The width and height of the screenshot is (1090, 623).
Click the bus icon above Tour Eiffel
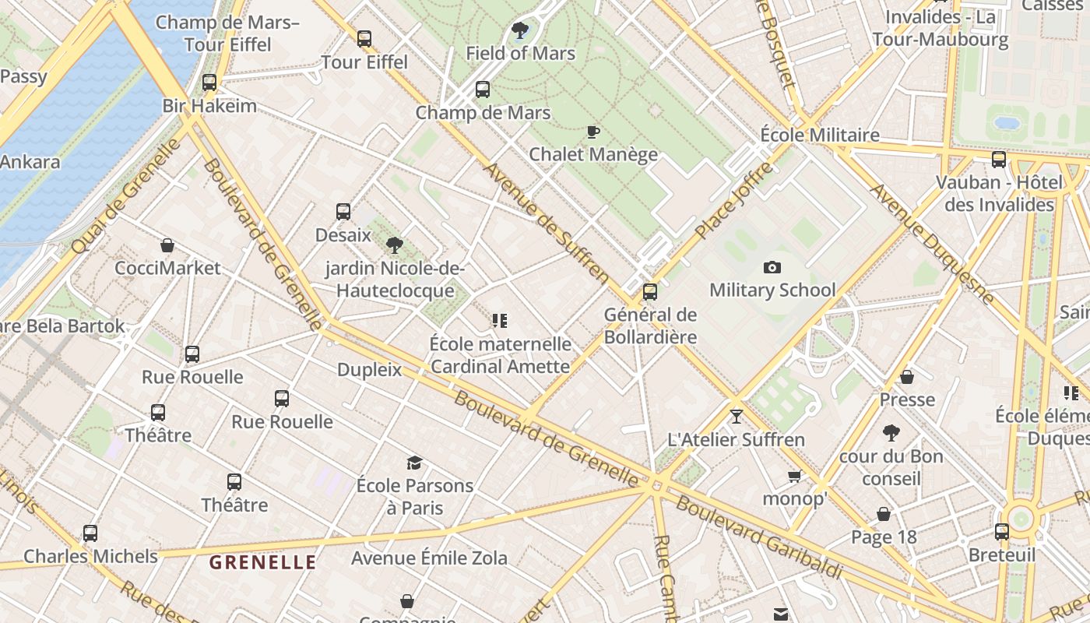coord(364,38)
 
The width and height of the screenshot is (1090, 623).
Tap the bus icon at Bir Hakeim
coord(209,82)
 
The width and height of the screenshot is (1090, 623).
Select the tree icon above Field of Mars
coord(520,31)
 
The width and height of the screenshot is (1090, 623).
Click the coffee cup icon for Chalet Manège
coord(593,132)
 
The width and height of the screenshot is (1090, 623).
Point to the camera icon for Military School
coord(772,268)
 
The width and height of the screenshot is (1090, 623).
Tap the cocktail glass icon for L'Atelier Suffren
coord(737,416)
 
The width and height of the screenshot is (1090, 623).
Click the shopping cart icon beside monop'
coord(795,476)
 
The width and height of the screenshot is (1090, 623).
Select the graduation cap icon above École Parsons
coord(414,463)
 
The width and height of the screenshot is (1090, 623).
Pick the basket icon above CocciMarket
coord(167,245)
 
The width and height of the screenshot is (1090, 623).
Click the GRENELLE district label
coord(263,562)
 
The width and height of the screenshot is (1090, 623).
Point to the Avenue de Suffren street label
coord(547,223)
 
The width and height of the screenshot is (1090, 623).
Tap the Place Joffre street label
coord(734,201)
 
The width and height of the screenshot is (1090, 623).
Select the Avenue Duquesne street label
coord(932,244)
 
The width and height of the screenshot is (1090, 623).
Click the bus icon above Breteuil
coord(1002,532)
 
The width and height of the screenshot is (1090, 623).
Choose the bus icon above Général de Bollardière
coord(650,292)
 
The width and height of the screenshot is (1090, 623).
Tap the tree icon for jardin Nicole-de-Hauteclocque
coord(395,245)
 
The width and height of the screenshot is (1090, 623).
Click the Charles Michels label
coord(90,556)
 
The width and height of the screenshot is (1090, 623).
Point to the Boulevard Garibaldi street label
coord(759,537)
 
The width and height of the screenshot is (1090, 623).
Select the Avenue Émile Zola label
coord(429,558)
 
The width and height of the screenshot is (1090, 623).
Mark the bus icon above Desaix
coord(343,211)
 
